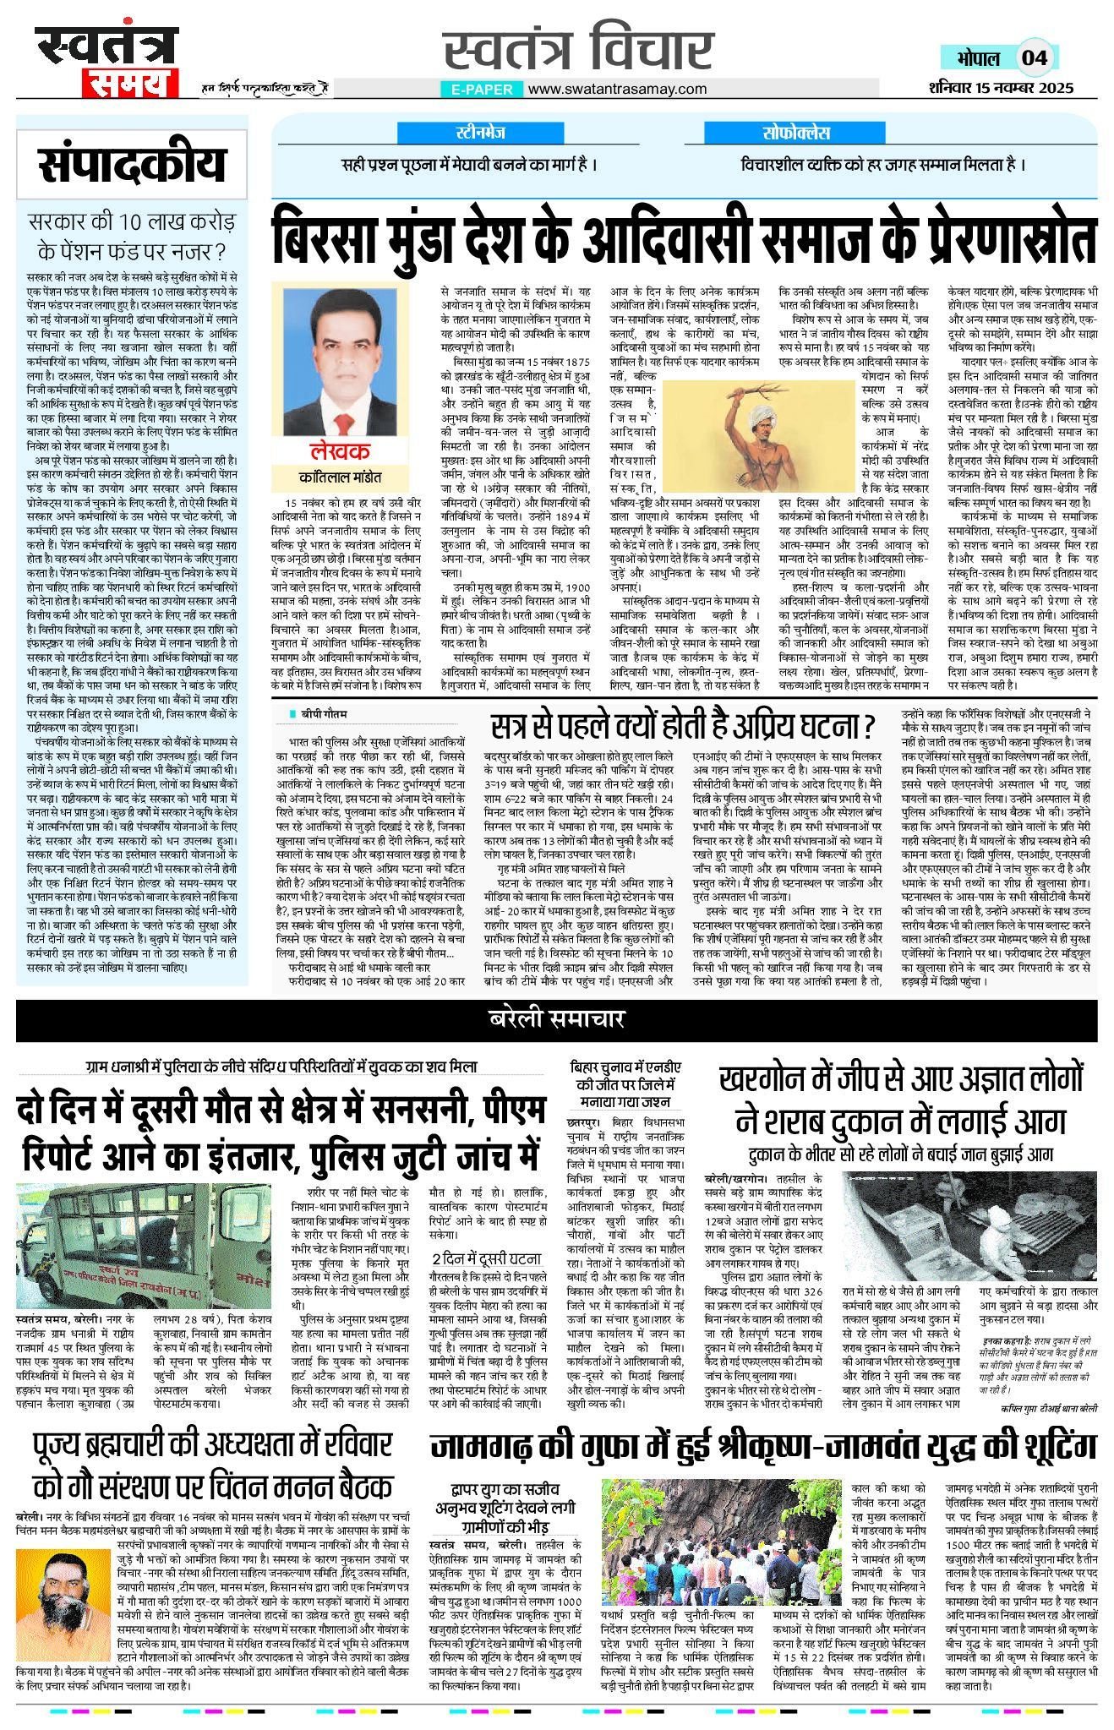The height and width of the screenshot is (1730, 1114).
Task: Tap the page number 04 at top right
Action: point(1034,57)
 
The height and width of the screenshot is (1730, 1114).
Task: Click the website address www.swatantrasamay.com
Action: point(617,89)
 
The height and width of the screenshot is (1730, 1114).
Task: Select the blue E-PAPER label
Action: point(482,89)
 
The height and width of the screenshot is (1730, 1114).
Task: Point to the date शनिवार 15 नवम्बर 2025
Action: point(1001,87)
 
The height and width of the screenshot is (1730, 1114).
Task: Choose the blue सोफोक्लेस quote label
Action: point(796,133)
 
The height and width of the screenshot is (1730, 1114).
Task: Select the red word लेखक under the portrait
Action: point(339,450)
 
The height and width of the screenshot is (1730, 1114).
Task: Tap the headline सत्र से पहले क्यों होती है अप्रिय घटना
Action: point(683,726)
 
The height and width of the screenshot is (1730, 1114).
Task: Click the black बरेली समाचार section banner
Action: point(556,1019)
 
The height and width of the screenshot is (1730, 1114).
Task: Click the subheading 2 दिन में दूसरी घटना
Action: point(486,1258)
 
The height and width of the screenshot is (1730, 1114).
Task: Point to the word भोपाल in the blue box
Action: point(978,57)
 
